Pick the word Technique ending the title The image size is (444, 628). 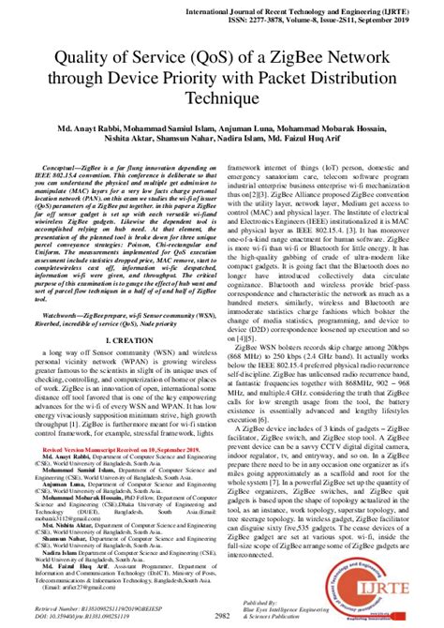221,98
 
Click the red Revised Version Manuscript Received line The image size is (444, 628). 112,475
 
